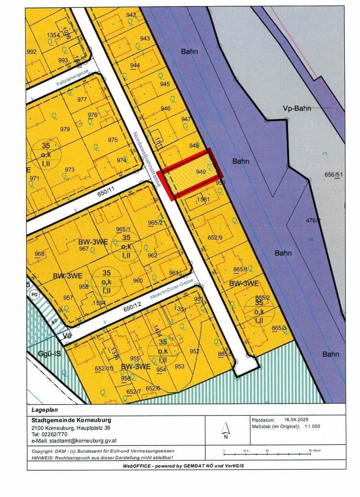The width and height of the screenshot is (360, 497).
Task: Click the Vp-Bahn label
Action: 296,108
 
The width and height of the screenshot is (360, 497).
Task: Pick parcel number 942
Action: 131,15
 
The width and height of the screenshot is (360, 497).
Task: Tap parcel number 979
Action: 65,129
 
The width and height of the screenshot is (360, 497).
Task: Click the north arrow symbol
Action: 226,429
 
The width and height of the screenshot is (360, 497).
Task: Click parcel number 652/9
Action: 215,237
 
